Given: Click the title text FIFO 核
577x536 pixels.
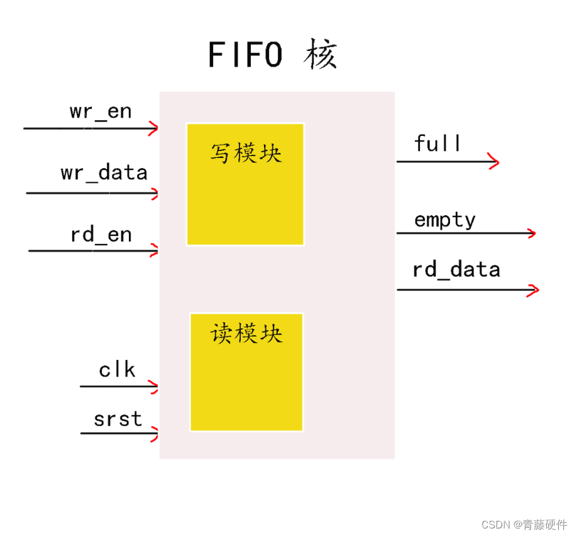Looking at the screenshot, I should pos(272,55).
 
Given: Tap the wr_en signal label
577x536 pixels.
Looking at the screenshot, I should pos(101,111).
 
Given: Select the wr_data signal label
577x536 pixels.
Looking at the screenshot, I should pos(104,172).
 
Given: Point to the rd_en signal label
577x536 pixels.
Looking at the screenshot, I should pos(101,235).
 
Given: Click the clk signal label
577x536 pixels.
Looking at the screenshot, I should pos(117,369).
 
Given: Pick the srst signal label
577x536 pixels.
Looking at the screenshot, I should pos(118,419).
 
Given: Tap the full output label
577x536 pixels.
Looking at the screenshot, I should pos(437,143).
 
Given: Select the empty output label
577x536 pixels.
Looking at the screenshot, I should pos(445,220).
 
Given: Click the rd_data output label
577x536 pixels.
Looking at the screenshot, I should pos(456,270).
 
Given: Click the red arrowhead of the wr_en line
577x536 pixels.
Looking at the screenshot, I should pos(153,129).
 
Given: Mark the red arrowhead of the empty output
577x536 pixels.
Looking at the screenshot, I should pos(531,233).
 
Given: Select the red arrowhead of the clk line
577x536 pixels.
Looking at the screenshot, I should pos(152,386).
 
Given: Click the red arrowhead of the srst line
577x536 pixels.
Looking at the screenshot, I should pos(152,433).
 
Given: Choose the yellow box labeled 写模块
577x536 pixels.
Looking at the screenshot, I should pos(245,184).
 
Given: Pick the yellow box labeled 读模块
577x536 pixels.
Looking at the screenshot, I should pos(246,372).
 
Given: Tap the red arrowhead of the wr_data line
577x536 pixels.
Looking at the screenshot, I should pos(153,193).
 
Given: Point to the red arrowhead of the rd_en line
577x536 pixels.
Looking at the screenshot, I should pos(153,252).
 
